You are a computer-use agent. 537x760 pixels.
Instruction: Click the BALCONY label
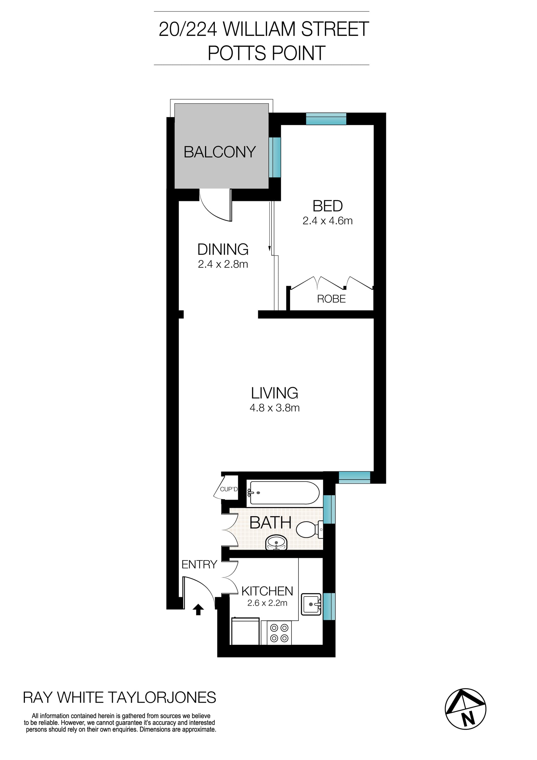click(x=220, y=152)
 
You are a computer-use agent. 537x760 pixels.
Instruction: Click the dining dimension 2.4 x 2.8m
click(x=223, y=264)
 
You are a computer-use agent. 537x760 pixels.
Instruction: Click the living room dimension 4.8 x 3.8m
click(x=274, y=408)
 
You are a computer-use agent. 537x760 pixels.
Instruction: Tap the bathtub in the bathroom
click(x=284, y=493)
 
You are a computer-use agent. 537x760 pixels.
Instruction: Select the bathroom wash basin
click(x=276, y=542)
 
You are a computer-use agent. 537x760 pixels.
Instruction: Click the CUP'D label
click(x=229, y=489)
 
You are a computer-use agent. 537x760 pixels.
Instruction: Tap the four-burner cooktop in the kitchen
click(x=279, y=633)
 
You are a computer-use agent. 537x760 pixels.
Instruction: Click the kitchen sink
click(x=311, y=604)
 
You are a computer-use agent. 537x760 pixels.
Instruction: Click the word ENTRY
click(x=199, y=564)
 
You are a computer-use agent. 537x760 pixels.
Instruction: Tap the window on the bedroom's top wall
click(x=326, y=119)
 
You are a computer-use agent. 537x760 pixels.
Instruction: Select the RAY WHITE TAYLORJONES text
click(x=119, y=698)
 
